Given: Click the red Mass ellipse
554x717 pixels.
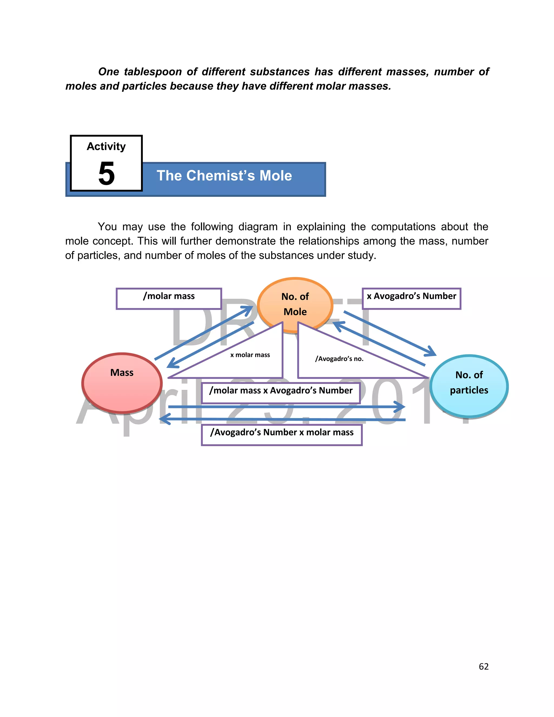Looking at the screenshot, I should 122,383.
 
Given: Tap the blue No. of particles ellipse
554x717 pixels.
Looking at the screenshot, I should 469,386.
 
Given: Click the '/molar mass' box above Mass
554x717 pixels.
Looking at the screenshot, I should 169,298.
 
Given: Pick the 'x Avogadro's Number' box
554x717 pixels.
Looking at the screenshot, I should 411,298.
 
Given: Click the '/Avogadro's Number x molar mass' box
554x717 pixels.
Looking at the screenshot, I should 282,434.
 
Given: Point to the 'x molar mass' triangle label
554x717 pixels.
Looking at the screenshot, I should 250,354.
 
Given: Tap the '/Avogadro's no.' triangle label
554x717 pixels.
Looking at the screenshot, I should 339,358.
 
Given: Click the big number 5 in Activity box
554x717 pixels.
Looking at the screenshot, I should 106,173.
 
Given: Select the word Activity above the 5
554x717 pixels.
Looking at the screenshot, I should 106,146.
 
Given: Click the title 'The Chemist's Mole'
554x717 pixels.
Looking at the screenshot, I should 224,176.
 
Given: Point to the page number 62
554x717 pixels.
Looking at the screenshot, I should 483,666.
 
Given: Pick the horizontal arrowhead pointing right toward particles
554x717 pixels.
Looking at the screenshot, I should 401,407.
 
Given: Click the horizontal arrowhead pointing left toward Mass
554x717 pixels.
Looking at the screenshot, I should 163,419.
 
